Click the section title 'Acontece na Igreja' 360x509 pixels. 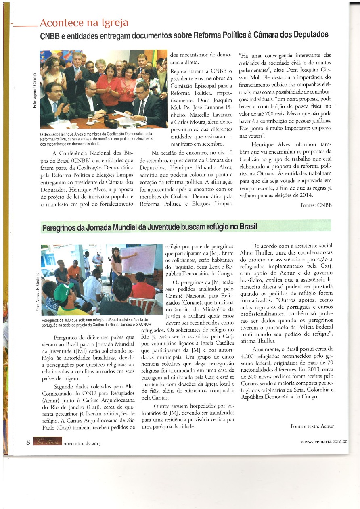tap(84, 23)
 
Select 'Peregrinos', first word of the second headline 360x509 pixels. tap(61, 228)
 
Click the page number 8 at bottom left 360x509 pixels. tap(28, 442)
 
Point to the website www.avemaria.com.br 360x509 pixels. tap(324, 441)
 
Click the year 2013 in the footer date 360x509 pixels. tap(94, 443)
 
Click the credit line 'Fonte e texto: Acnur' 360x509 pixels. tap(312, 426)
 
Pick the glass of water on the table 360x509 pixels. tap(90, 118)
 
